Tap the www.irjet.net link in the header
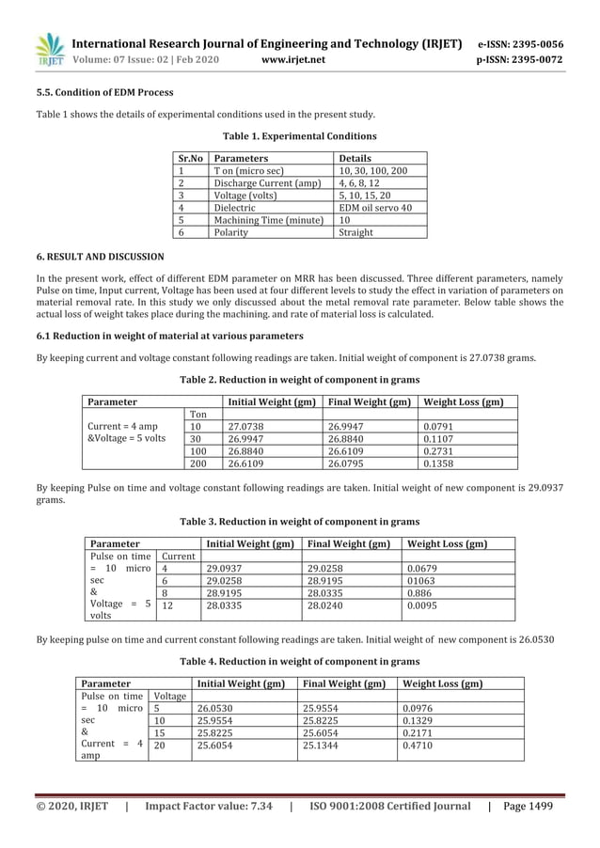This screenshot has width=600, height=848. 295,60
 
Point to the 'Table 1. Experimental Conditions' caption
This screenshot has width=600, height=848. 299,136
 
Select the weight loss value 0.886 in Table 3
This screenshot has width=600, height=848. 420,593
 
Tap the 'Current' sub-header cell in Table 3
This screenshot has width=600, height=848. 178,557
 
